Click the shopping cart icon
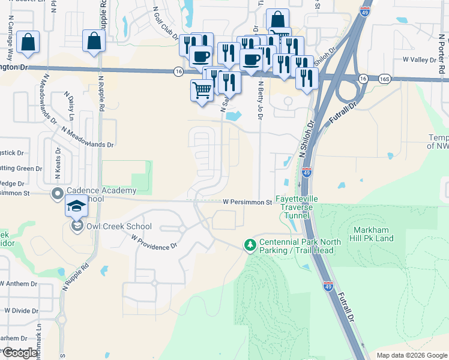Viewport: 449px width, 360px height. point(202,90)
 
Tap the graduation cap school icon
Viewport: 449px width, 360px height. point(76,206)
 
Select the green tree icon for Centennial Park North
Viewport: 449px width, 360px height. point(250,245)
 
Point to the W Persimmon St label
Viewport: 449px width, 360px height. point(247,203)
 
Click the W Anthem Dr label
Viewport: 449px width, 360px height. point(19,284)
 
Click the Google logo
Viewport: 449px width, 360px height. point(20,353)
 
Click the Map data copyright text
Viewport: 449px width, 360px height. point(411,355)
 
